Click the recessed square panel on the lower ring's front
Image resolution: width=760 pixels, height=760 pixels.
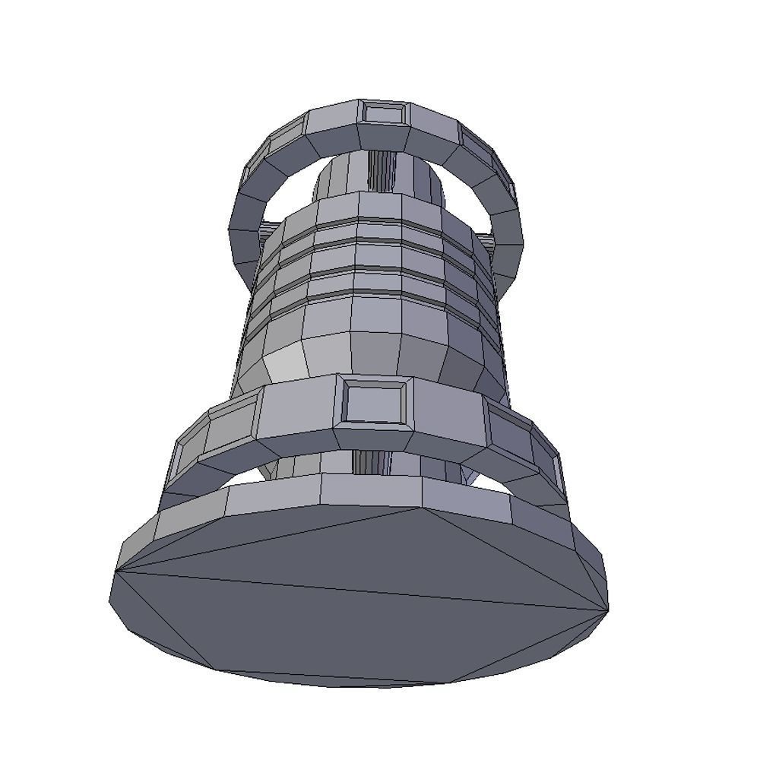(x=372, y=401)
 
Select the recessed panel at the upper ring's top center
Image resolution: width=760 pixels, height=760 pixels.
(x=382, y=113)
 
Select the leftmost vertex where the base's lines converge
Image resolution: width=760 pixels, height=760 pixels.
(x=116, y=571)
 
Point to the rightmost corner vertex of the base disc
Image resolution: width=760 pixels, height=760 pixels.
(x=608, y=609)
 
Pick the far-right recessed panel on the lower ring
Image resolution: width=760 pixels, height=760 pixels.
(x=549, y=464)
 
